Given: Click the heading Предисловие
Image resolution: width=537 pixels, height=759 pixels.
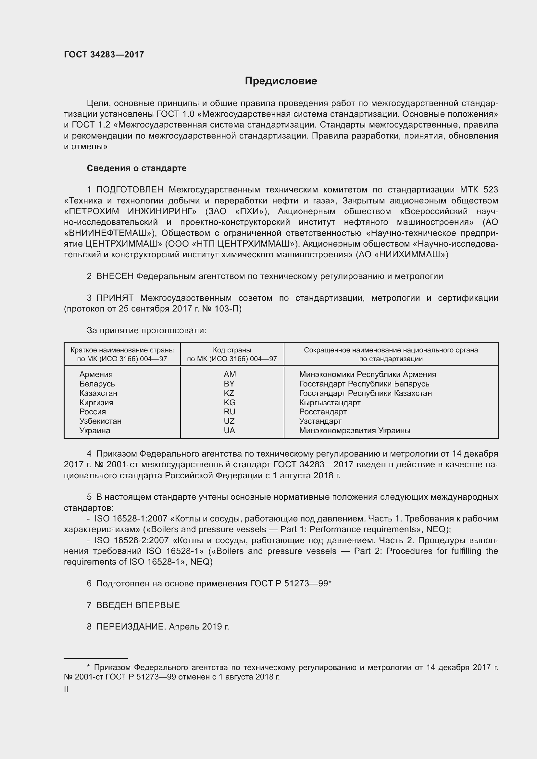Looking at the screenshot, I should [x=281, y=81].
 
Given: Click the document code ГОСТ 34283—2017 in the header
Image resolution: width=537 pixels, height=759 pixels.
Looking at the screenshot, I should [x=104, y=55].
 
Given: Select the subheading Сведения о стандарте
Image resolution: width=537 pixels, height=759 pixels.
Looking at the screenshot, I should [x=137, y=168].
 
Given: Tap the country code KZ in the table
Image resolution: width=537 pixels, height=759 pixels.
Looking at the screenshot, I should [x=229, y=393].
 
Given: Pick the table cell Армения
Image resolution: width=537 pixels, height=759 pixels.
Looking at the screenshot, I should [x=96, y=374].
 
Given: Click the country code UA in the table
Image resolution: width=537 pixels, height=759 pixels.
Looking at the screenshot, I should [x=229, y=430].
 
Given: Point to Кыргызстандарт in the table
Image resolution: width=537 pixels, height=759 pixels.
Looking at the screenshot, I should [x=330, y=402].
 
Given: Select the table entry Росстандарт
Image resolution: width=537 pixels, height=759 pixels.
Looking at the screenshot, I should [x=323, y=411].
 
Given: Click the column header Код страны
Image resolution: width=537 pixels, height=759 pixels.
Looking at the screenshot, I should [x=232, y=350].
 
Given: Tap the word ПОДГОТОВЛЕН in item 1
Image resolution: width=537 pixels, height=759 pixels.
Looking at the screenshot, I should [x=130, y=190].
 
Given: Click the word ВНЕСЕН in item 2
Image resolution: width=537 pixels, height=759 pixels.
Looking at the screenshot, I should [x=115, y=276].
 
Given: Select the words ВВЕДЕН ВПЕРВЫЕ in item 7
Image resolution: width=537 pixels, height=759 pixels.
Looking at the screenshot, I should [x=138, y=605].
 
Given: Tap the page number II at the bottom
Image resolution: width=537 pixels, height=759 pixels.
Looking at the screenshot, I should [x=66, y=689].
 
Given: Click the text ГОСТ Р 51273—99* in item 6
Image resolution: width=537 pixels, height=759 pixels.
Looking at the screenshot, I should [x=291, y=583].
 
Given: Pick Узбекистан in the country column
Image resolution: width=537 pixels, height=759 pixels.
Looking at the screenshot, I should [x=100, y=421].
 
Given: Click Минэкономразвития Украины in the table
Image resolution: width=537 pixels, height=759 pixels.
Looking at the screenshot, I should [x=355, y=430].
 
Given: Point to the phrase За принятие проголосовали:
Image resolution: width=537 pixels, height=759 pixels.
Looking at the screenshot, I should [x=146, y=330].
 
